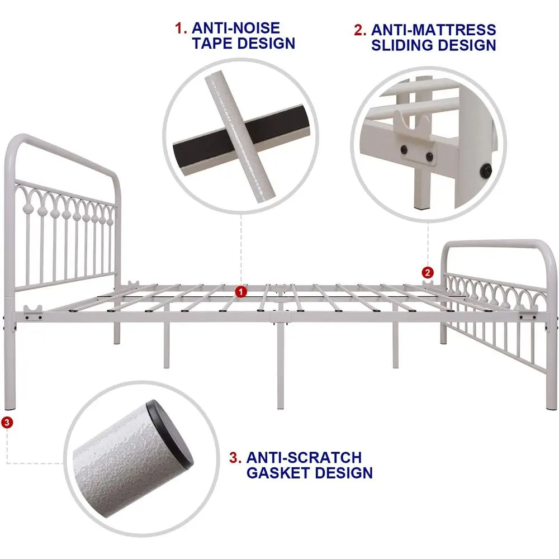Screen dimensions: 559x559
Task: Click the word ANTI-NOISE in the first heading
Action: coord(236,28)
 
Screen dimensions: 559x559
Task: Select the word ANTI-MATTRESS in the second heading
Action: coord(433,30)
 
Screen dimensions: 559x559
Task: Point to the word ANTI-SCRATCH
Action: coord(304,457)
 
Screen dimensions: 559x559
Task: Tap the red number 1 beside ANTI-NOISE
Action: coord(181,28)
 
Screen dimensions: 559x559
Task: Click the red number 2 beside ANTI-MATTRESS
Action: coord(359,30)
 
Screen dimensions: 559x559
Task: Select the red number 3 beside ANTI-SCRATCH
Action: coord(235,457)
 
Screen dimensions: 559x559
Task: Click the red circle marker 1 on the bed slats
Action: coord(240,291)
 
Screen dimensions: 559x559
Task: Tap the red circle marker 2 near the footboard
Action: coord(428,273)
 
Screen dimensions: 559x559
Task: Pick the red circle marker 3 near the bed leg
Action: coord(6,423)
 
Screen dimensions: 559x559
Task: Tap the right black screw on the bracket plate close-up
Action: coord(429,157)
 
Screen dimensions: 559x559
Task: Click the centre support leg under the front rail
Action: coord(279,363)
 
